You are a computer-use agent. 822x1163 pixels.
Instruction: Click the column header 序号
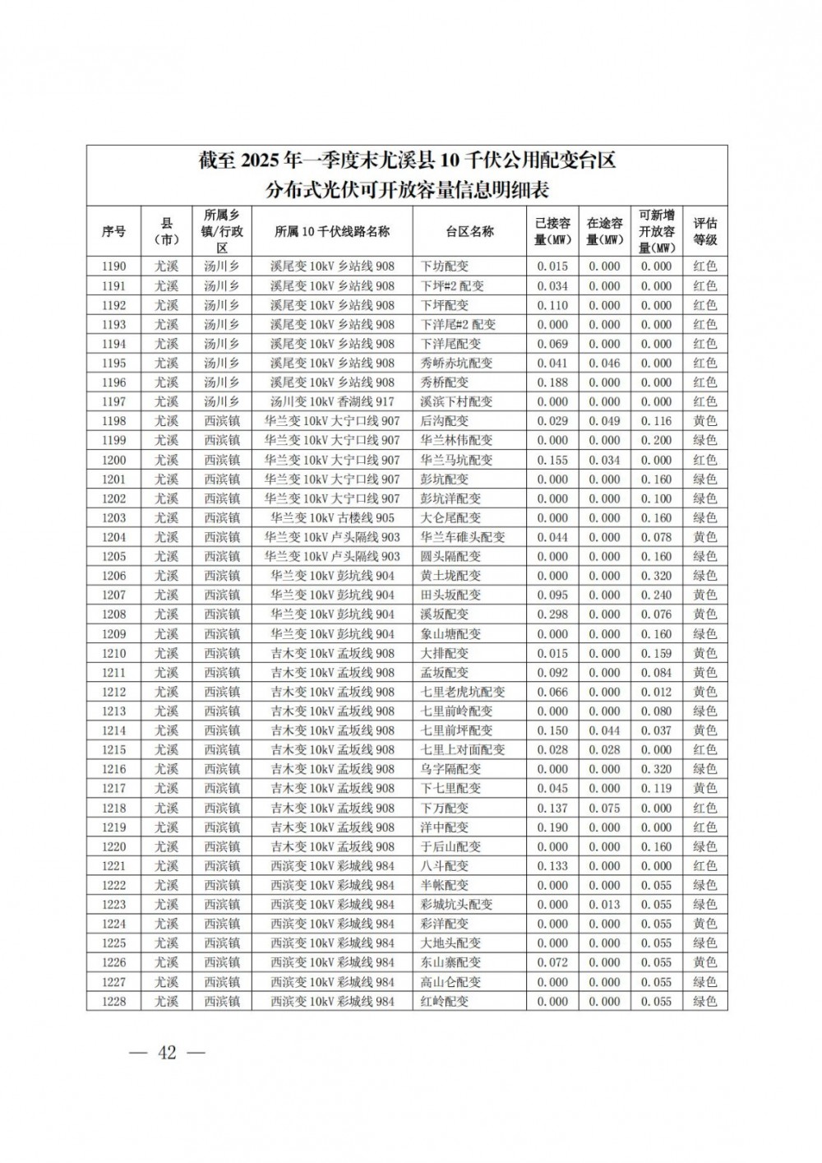pyautogui.click(x=113, y=231)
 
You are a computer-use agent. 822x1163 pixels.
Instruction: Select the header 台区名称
pyautogui.click(x=469, y=231)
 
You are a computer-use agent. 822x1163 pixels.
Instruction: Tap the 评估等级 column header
pyautogui.click(x=704, y=231)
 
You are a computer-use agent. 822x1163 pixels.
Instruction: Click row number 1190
pyautogui.click(x=113, y=266)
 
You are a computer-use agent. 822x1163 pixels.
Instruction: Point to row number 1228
pyautogui.click(x=113, y=1001)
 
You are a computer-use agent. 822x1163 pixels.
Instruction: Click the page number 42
pyautogui.click(x=168, y=1053)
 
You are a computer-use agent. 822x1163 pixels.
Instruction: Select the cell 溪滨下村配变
pyautogui.click(x=456, y=401)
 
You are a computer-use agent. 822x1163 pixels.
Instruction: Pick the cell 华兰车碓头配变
pyautogui.click(x=463, y=537)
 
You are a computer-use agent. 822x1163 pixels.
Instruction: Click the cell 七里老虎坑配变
pyautogui.click(x=463, y=692)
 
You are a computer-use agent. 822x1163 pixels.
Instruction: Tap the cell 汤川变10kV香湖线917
pyautogui.click(x=332, y=401)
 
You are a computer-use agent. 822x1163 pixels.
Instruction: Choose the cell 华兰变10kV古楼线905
pyautogui.click(x=332, y=517)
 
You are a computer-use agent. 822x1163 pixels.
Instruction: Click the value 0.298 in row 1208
pyautogui.click(x=552, y=614)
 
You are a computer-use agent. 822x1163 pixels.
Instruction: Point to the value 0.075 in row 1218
pyautogui.click(x=604, y=808)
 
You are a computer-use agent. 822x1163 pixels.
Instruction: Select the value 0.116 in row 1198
pyautogui.click(x=656, y=421)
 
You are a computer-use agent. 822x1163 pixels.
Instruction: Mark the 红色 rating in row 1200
pyautogui.click(x=704, y=460)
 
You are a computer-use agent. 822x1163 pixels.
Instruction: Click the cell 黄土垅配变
pyautogui.click(x=450, y=576)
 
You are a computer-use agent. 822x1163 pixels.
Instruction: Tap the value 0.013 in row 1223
pyautogui.click(x=604, y=905)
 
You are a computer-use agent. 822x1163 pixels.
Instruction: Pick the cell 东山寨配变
pyautogui.click(x=450, y=962)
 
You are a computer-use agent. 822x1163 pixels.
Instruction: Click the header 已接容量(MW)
pyautogui.click(x=552, y=231)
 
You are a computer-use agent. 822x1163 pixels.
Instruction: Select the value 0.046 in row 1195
pyautogui.click(x=604, y=363)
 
